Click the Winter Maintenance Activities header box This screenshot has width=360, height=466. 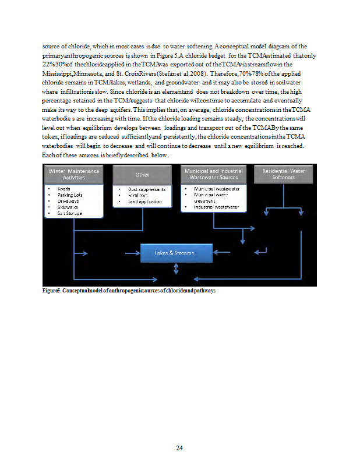coord(74,174)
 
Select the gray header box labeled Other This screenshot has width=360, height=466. coord(142,174)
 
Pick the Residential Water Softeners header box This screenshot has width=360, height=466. coord(284,174)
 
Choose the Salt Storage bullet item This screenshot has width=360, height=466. coord(69,213)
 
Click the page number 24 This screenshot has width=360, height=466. coord(180,447)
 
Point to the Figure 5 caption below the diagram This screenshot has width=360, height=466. coord(129,290)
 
